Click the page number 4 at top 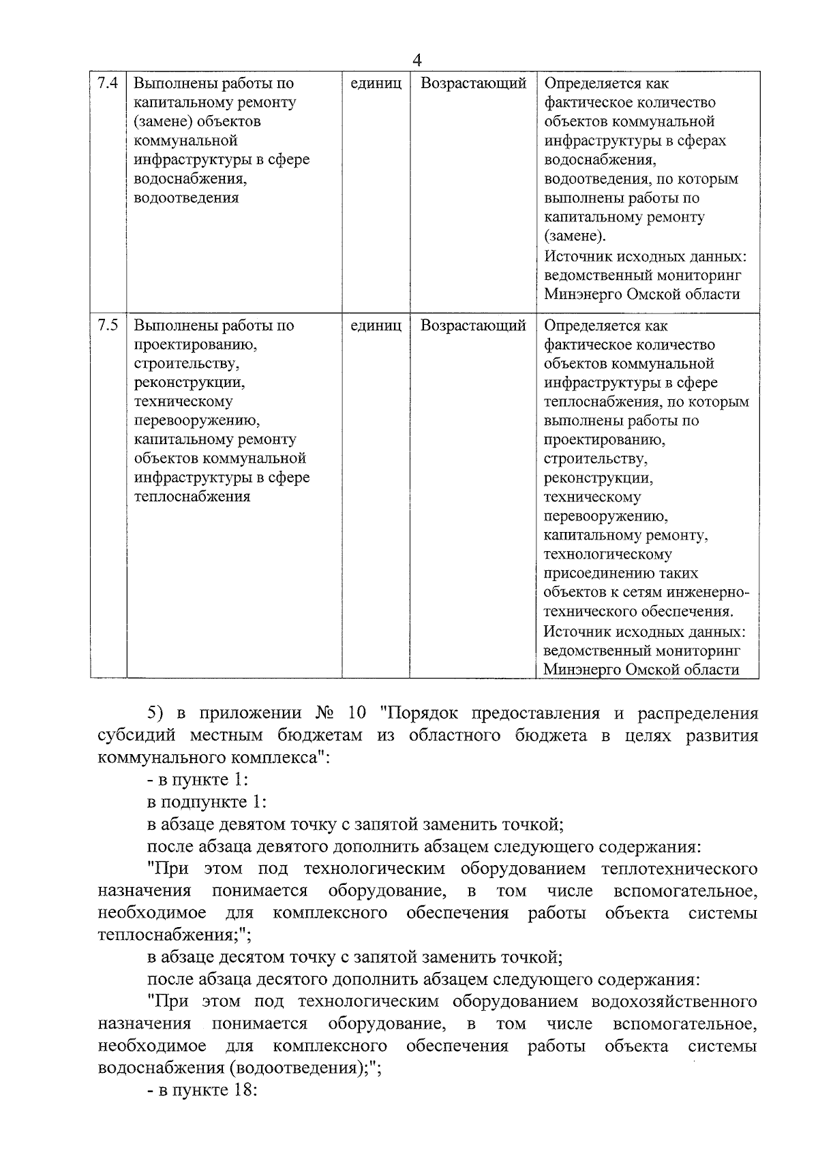click(417, 61)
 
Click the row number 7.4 click(108, 83)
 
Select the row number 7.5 click(108, 326)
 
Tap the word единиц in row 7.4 click(376, 84)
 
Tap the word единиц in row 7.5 click(376, 326)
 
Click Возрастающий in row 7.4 click(473, 84)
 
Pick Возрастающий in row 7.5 click(473, 326)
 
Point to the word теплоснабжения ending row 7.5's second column click(192, 497)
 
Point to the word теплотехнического click(679, 869)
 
